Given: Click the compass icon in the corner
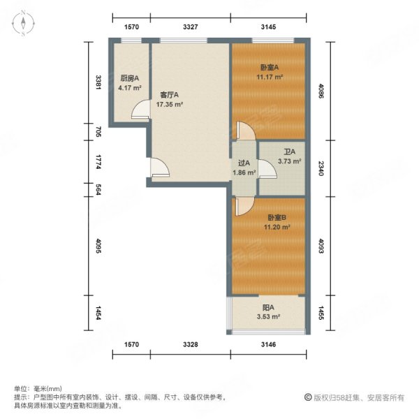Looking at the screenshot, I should tap(23, 23).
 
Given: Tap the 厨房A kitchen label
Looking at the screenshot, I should tap(128, 78).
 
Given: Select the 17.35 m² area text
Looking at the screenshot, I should tap(169, 104).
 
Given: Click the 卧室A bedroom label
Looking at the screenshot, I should tap(268, 68).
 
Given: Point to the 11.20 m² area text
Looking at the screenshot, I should tap(268, 227).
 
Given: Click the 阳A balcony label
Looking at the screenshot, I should tap(267, 307).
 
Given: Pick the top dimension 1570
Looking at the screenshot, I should tap(132, 27).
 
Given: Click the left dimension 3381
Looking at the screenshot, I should tap(98, 82).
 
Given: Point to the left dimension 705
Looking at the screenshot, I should tap(98, 131).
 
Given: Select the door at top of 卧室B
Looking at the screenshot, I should tap(242, 205).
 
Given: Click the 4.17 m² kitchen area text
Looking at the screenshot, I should tap(130, 88).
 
